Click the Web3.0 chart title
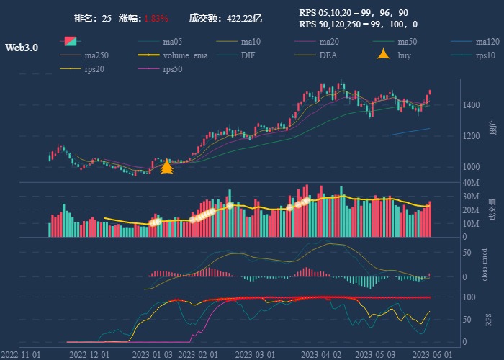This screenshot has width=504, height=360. coord(22,48)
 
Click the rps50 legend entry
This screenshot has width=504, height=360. coord(172,69)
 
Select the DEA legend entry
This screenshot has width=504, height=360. coord(328,55)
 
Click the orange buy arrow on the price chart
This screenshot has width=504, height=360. coord(166,168)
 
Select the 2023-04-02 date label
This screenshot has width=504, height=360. coord(320,354)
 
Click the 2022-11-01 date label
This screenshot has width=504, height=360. coord(22,354)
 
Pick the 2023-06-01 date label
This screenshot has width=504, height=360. coord(432,354)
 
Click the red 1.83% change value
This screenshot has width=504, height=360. coord(156,18)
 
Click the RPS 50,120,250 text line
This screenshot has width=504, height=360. coord(358,24)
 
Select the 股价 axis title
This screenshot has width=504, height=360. coord(492,127)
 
